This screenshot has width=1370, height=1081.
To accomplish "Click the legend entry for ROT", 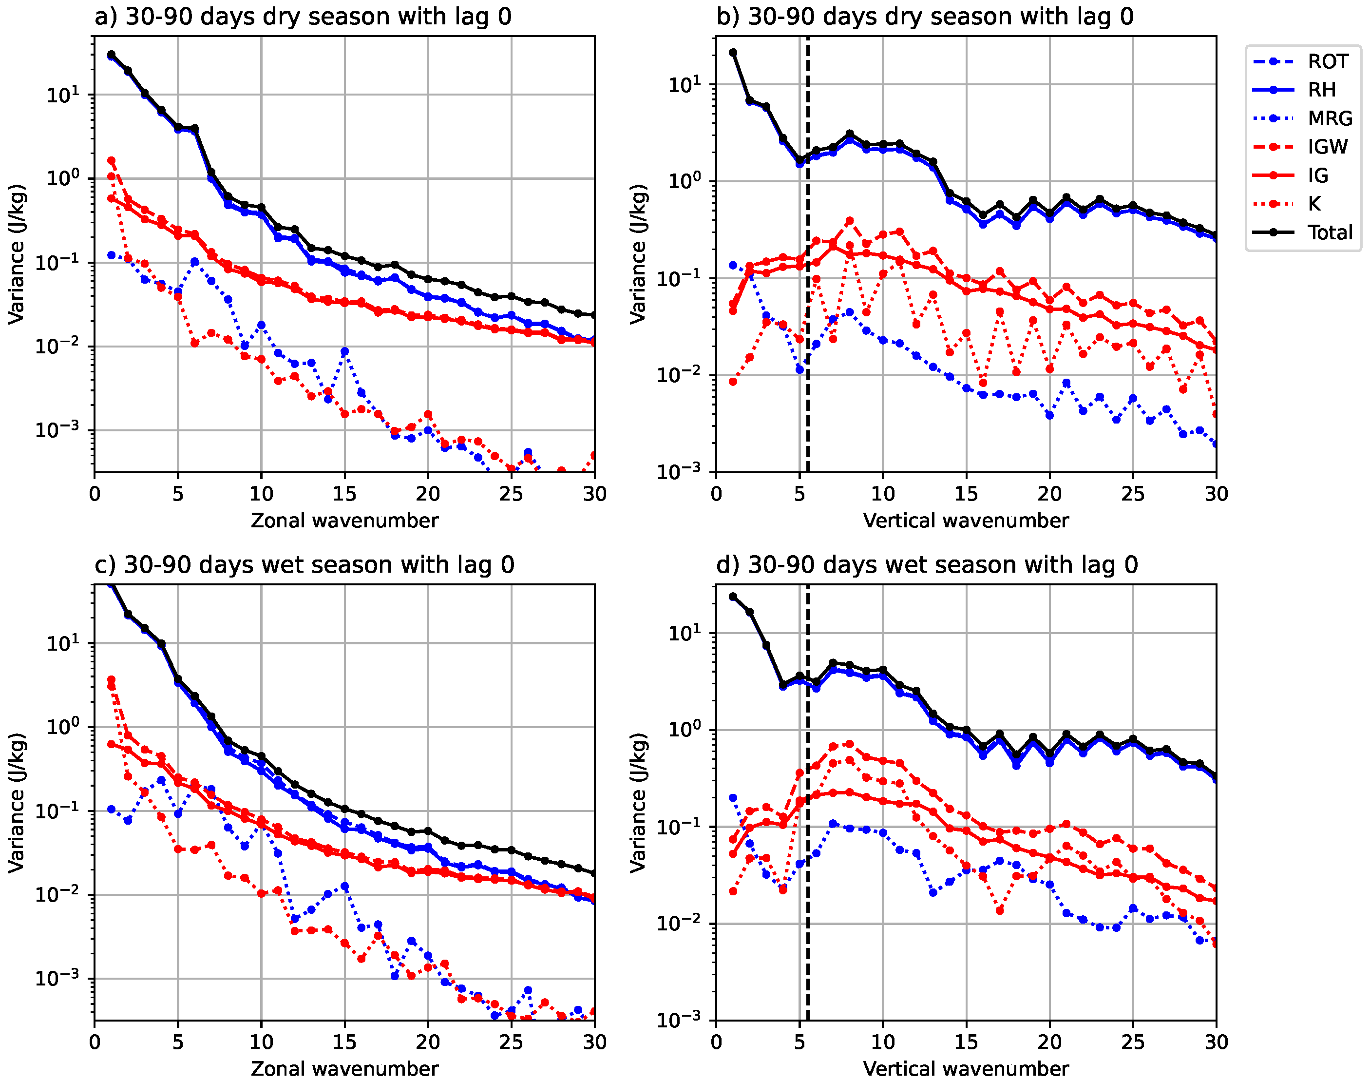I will point(1327,61).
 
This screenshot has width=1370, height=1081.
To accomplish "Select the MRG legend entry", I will point(1330,118).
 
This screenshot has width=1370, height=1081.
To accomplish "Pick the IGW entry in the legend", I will point(1327,147).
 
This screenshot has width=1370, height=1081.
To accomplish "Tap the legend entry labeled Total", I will point(1330,232).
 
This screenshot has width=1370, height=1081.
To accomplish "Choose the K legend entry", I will point(1314,204).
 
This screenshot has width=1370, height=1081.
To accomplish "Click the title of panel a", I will point(303,17).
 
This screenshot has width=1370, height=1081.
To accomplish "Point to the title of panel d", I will point(927,564).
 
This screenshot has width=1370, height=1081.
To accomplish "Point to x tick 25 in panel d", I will point(1133,1042).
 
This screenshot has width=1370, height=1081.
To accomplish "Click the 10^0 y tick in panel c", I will point(64,727).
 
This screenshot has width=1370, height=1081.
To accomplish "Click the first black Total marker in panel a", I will point(111,55).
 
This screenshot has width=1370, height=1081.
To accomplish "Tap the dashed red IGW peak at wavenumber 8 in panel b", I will point(850,221).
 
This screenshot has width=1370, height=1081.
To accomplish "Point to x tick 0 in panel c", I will point(95,1042).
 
